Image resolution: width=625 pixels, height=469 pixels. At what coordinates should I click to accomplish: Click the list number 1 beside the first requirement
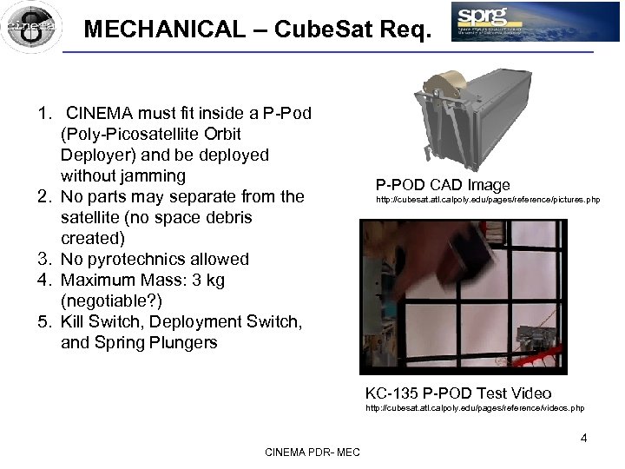coord(43,113)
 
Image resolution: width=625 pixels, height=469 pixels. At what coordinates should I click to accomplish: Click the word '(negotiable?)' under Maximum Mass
coord(111,301)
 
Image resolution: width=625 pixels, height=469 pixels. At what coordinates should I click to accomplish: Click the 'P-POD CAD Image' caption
coord(443,185)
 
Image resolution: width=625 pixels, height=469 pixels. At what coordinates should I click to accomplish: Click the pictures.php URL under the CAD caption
coord(487,201)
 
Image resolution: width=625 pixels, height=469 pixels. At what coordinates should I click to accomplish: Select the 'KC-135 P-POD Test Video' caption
coord(457,393)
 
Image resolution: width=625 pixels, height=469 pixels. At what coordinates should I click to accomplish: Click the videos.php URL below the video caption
coord(475,407)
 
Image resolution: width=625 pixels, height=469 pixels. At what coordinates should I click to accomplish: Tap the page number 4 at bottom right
coord(583,438)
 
